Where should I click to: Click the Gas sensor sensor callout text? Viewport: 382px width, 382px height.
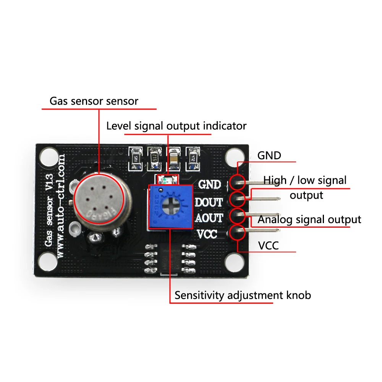(x=94, y=101)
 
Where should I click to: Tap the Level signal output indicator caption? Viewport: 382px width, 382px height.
(x=176, y=126)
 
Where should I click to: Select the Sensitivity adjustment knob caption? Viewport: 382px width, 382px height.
(x=243, y=295)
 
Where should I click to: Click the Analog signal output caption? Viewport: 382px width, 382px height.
(x=309, y=219)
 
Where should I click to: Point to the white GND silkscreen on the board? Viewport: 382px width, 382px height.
(x=210, y=185)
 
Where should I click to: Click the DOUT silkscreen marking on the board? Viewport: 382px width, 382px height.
(x=209, y=202)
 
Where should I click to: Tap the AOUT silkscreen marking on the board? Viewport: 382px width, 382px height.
(x=209, y=218)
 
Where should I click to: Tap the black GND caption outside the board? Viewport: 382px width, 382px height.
(x=269, y=155)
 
